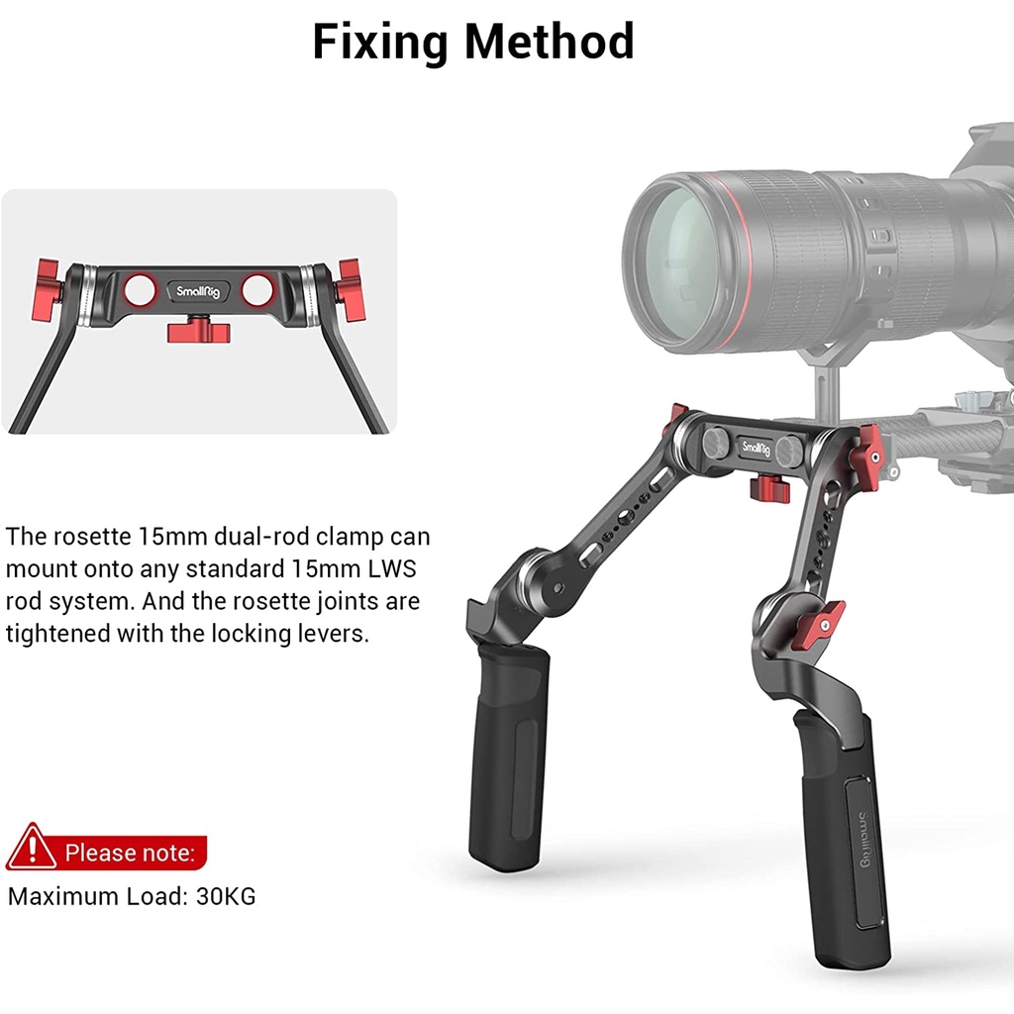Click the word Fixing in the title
(381, 43)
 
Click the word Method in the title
(549, 42)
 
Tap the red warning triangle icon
(31, 848)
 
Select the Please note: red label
(130, 853)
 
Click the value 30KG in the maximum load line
(226, 896)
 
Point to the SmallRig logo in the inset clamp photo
(198, 292)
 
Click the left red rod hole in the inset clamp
(141, 290)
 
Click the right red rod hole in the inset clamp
(256, 290)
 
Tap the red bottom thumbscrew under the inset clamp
(199, 331)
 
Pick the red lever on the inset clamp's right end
(350, 290)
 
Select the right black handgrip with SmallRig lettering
(841, 834)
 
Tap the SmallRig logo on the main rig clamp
(756, 447)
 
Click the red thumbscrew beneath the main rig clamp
(770, 487)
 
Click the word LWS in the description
(392, 569)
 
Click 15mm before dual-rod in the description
(173, 537)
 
